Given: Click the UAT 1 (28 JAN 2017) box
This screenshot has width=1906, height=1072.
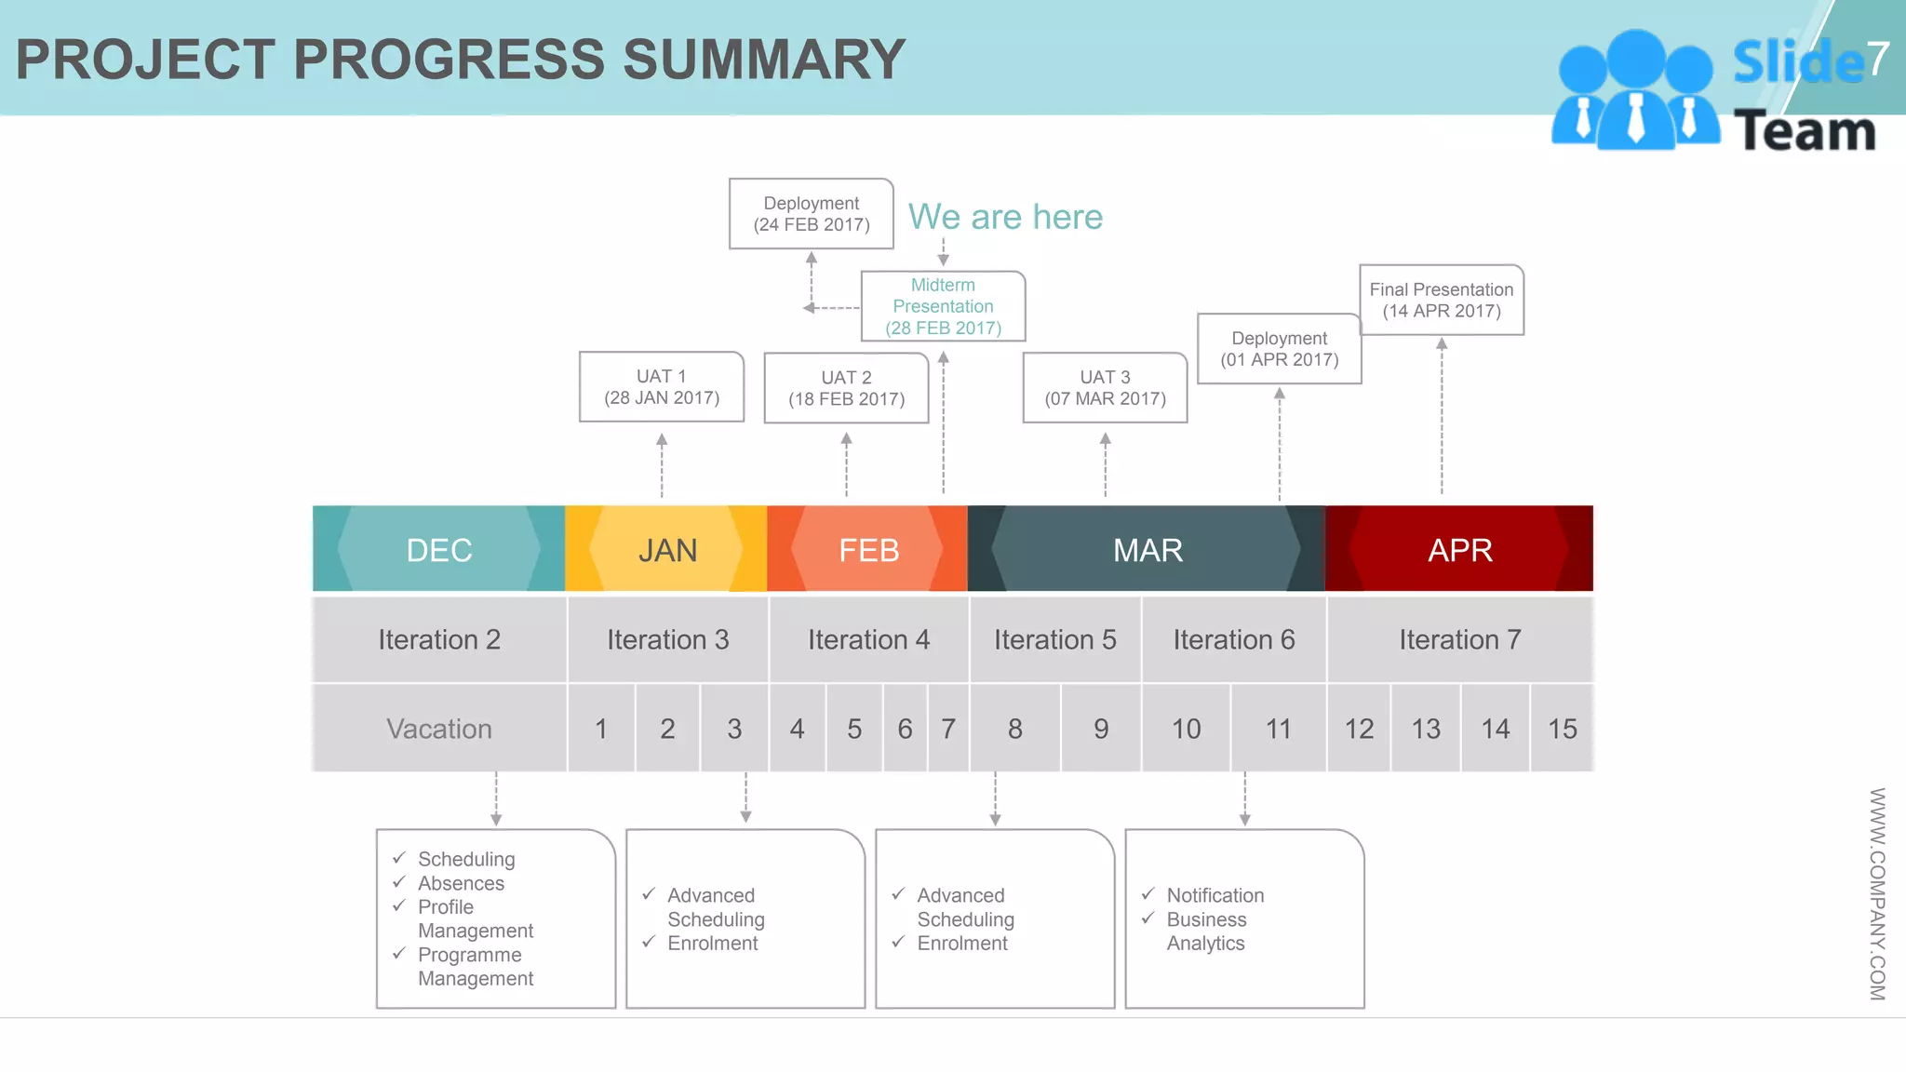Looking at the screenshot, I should click(x=662, y=387).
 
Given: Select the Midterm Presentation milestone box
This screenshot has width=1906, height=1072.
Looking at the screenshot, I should click(x=943, y=306).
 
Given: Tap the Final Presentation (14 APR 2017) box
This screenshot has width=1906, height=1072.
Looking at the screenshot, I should click(x=1441, y=301).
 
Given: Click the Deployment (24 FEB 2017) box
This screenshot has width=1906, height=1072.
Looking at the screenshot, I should click(x=811, y=214).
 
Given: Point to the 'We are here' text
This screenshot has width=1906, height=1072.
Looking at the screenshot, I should click(x=1005, y=217).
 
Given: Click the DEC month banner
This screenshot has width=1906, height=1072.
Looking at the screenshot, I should click(x=439, y=550).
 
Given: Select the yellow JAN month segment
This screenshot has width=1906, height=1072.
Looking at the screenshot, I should click(x=667, y=550).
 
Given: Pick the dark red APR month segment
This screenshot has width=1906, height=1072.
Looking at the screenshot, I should click(x=1459, y=550).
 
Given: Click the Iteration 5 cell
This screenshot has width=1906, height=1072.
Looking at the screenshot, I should click(x=1054, y=640).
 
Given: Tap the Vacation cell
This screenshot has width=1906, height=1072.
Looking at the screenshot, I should click(x=439, y=729).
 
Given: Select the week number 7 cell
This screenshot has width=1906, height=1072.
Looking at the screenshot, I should click(x=948, y=729).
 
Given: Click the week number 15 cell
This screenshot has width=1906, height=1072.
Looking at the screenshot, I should click(x=1562, y=729).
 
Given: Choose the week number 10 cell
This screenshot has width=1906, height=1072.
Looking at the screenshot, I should click(x=1186, y=729).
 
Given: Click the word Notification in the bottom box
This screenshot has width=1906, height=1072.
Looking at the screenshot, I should click(x=1215, y=895).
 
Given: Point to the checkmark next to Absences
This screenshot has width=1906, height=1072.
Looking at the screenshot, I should click(x=399, y=881).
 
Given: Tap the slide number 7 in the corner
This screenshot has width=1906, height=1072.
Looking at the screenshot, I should click(x=1877, y=59).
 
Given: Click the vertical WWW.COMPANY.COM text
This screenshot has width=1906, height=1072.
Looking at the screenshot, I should click(x=1877, y=893).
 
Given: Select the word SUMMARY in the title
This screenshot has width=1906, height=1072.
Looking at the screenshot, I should click(x=763, y=60).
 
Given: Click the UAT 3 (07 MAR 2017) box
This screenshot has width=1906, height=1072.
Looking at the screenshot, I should click(x=1105, y=388).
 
